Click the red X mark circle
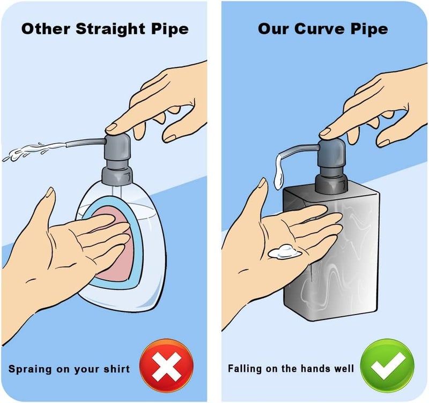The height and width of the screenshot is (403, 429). (166, 367)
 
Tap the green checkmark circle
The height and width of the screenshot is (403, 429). (387, 367)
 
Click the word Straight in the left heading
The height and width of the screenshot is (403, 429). (110, 29)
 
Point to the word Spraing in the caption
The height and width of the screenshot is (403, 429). (30, 369)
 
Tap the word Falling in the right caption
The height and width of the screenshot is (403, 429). (245, 369)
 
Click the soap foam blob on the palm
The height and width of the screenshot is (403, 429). (285, 252)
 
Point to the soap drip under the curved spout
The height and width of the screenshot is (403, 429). (279, 172)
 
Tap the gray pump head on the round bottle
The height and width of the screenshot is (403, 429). (117, 159)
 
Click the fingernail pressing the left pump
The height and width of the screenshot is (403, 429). (111, 128)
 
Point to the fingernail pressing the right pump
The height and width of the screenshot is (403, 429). (325, 132)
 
